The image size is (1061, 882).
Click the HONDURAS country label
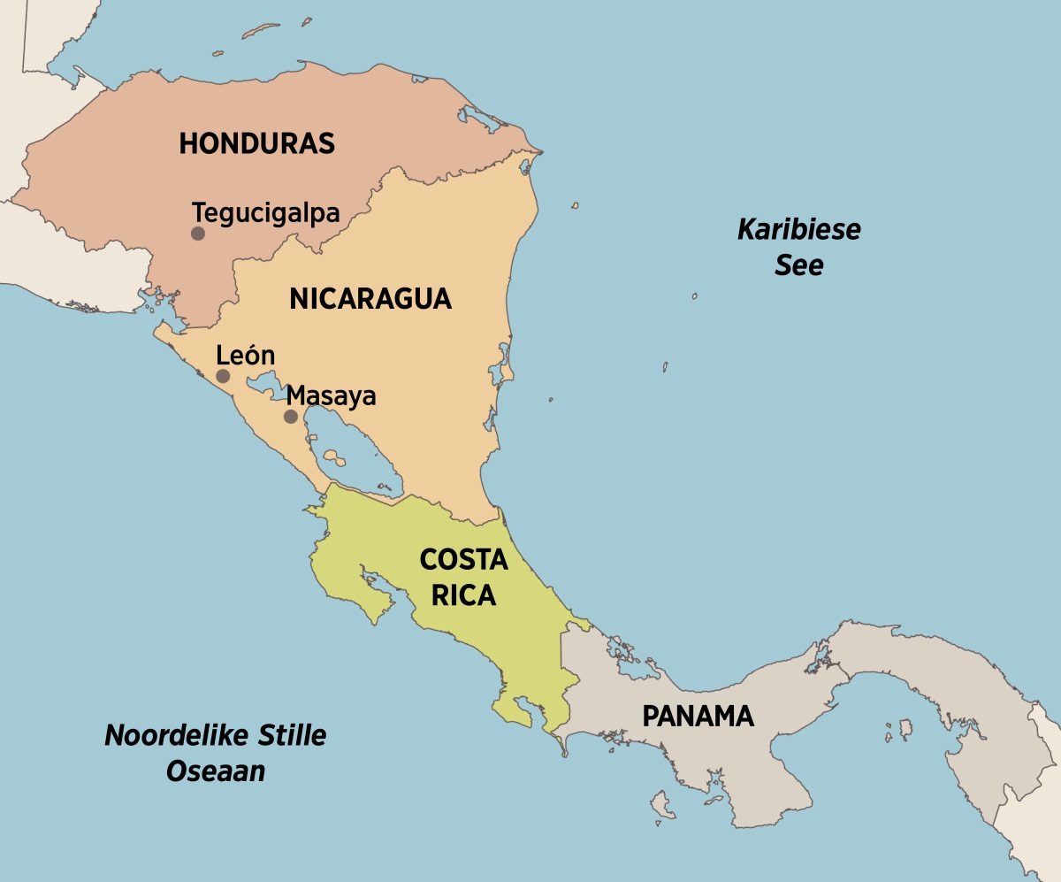point(256,143)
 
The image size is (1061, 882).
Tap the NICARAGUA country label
point(370,299)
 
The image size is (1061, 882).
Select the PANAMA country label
point(698,716)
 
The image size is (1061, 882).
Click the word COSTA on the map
point(463,560)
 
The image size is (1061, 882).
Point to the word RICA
point(463,595)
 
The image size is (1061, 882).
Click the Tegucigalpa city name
point(266,213)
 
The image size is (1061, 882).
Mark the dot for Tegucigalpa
point(198,234)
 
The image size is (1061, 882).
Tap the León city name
point(246,356)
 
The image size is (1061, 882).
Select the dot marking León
point(223,376)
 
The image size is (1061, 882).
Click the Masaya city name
point(332,395)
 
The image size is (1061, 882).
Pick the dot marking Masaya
point(290,416)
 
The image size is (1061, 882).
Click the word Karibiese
point(799,230)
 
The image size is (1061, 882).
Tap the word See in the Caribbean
point(799,265)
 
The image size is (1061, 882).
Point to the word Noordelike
point(166,735)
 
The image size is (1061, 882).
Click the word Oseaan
point(216,771)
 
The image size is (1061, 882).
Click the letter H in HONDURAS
point(187,143)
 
